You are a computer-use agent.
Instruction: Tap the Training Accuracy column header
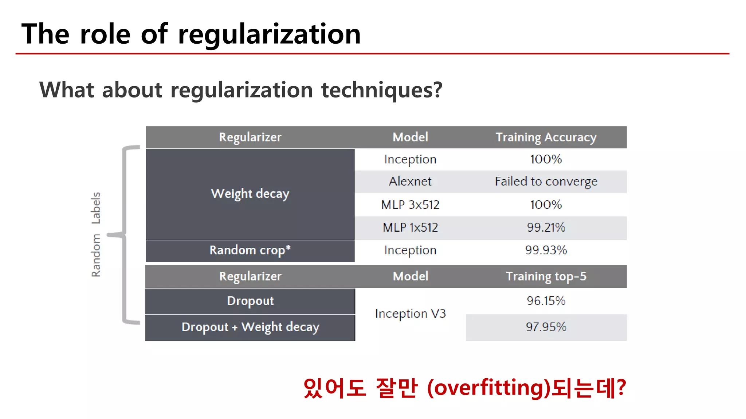(x=546, y=137)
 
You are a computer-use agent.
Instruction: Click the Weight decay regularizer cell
(x=250, y=194)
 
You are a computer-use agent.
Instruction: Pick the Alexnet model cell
(x=410, y=181)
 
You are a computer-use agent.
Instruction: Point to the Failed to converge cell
(x=546, y=181)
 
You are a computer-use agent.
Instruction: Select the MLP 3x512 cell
(x=410, y=205)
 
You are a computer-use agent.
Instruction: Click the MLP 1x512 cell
(x=410, y=228)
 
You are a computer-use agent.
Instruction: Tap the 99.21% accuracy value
(x=546, y=228)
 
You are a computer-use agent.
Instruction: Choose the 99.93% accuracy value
(x=546, y=250)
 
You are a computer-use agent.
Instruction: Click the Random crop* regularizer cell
(x=250, y=250)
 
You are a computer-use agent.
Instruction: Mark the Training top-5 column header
(x=546, y=276)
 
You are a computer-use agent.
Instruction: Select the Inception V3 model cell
(x=410, y=314)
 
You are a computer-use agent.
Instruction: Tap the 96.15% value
(x=546, y=301)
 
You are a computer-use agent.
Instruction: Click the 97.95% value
(x=546, y=327)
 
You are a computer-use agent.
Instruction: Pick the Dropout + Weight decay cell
(x=250, y=327)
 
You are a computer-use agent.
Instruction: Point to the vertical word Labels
(x=96, y=208)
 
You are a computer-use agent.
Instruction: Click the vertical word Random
(x=96, y=255)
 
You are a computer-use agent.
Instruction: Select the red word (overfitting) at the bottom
(x=488, y=388)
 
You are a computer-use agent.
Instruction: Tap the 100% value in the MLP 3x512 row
(x=546, y=205)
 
